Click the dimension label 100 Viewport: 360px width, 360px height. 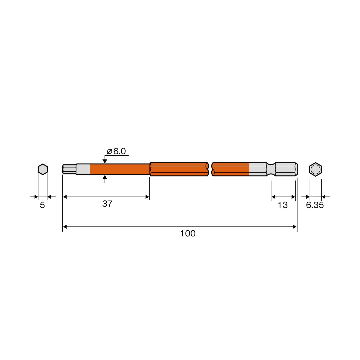[x=188, y=233]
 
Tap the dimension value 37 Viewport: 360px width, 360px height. [x=107, y=204]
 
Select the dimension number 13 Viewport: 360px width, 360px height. [x=282, y=205]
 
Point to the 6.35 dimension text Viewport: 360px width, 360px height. [x=315, y=205]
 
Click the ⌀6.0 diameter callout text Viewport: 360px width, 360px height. [x=116, y=151]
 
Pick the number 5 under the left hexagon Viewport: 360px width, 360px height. [x=42, y=205]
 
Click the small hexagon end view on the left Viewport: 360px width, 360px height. [x=43, y=169]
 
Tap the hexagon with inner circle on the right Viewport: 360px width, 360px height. [x=315, y=169]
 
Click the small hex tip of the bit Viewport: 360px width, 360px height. [x=69, y=169]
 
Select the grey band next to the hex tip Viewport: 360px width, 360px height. [x=83, y=169]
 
